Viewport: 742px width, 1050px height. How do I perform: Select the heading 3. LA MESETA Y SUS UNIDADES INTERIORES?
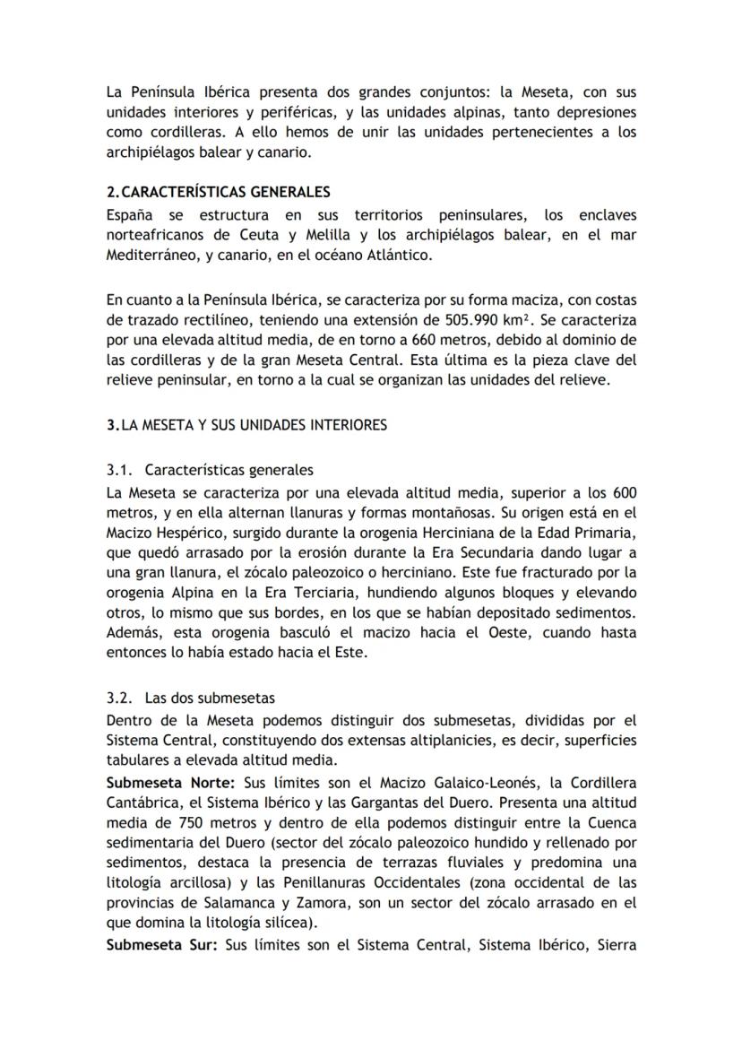[246, 425]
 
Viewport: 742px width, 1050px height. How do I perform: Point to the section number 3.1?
[119, 469]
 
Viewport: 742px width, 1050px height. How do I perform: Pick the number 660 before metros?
[344, 340]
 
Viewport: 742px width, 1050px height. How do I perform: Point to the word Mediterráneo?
[152, 256]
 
